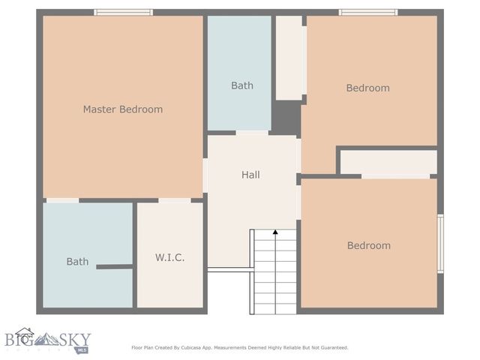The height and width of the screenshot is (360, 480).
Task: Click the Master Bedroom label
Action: point(122,109)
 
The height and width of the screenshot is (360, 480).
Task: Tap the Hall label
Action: point(250,175)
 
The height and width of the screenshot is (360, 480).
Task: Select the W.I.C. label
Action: point(169,257)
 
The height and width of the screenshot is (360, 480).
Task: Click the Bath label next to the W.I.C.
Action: point(77,262)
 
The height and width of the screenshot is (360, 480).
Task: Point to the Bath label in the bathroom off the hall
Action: point(241,85)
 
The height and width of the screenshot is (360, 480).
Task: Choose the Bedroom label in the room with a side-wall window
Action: point(368,245)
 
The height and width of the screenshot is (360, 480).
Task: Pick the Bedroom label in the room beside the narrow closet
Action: point(367,88)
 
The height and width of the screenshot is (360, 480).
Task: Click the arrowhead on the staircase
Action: point(275,232)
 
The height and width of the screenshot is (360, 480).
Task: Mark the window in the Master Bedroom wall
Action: point(123,12)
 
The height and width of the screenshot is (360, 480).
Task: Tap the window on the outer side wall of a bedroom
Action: point(440,244)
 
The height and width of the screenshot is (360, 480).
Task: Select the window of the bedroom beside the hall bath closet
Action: point(367,12)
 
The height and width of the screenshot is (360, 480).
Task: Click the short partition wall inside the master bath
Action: point(114,266)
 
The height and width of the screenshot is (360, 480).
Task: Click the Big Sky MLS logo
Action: point(45,340)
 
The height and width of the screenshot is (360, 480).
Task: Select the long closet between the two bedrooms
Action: point(388,163)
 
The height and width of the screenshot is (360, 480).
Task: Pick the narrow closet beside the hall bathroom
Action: point(289,58)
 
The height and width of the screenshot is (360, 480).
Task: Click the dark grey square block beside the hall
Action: point(286,118)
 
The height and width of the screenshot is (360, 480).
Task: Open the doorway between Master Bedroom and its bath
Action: point(62,200)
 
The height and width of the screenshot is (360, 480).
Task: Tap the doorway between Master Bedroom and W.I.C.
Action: point(174,200)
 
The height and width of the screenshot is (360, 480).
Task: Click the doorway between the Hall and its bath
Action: point(252,133)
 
